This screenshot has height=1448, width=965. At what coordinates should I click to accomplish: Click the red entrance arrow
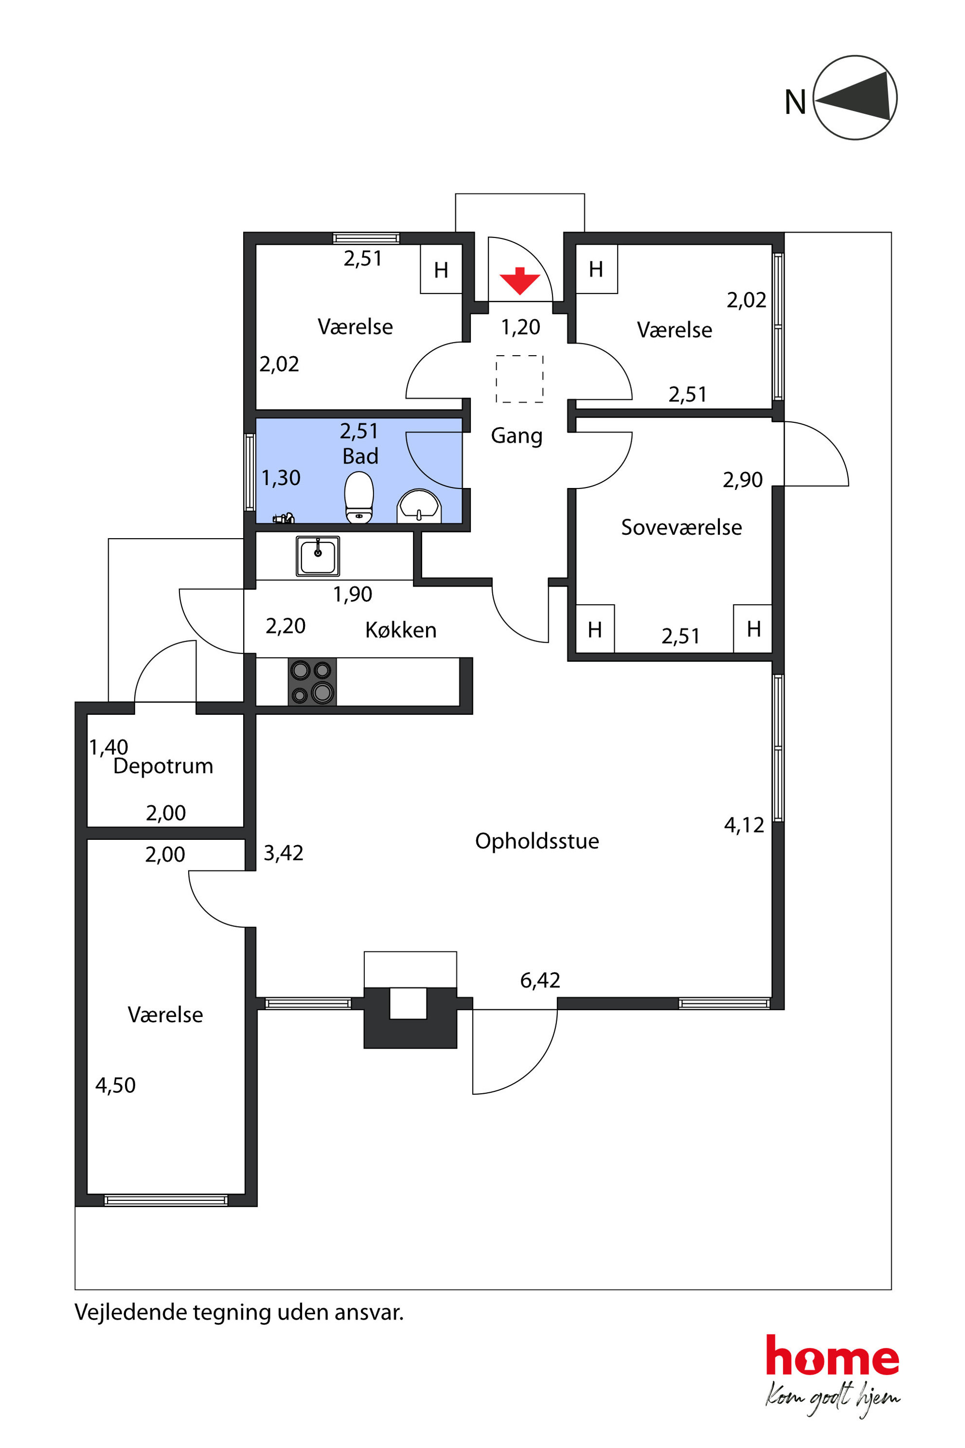519,281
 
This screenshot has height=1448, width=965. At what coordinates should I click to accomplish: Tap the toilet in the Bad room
359,497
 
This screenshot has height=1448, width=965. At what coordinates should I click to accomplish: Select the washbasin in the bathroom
419,506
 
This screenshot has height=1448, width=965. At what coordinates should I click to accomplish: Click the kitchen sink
318,556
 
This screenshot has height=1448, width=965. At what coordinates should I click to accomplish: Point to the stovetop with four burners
312,682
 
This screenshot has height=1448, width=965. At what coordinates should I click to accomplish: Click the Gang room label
517,436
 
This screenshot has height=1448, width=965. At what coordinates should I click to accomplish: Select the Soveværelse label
681,527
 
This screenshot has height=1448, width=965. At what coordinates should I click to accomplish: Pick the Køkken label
401,630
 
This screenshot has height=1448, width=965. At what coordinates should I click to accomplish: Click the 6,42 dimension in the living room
540,980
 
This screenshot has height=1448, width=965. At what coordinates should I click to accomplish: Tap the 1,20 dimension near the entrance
520,327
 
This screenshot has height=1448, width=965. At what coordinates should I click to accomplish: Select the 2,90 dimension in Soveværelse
743,480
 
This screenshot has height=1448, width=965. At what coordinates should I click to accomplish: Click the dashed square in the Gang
519,379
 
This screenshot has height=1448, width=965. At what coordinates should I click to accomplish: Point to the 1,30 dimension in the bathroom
281,478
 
